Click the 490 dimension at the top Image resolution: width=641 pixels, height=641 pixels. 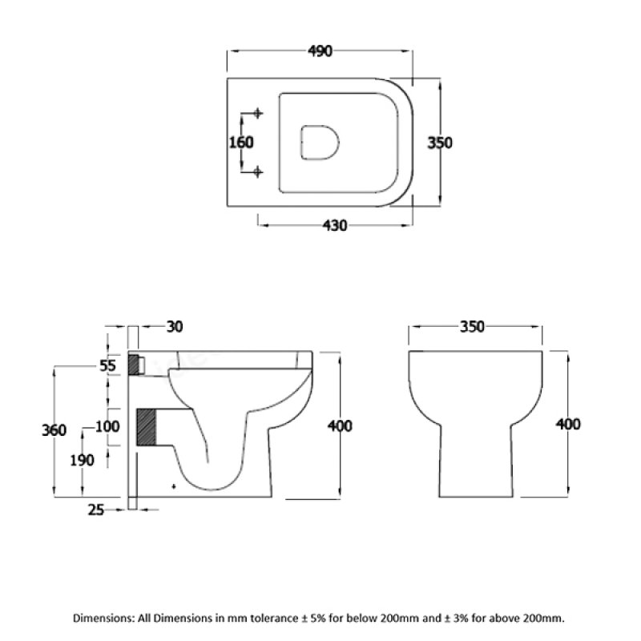click(320, 51)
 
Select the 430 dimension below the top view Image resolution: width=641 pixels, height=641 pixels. click(334, 226)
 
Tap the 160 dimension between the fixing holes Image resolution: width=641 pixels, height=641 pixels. click(241, 143)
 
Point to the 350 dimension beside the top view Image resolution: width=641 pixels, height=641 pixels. click(440, 143)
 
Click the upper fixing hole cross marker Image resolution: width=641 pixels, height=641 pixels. click(257, 113)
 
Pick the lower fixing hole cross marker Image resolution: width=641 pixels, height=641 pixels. click(257, 171)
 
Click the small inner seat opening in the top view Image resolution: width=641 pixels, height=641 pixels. click(319, 143)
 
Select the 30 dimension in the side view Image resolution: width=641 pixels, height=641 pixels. click(175, 326)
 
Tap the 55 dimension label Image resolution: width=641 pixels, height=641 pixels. click(108, 365)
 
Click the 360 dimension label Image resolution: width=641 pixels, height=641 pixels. click(54, 430)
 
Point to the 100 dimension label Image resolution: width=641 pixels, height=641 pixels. click(107, 425)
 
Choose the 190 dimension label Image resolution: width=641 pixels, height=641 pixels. click(82, 460)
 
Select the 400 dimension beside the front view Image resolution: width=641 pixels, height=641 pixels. click(567, 424)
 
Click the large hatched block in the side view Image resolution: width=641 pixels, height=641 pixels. click(147, 428)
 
